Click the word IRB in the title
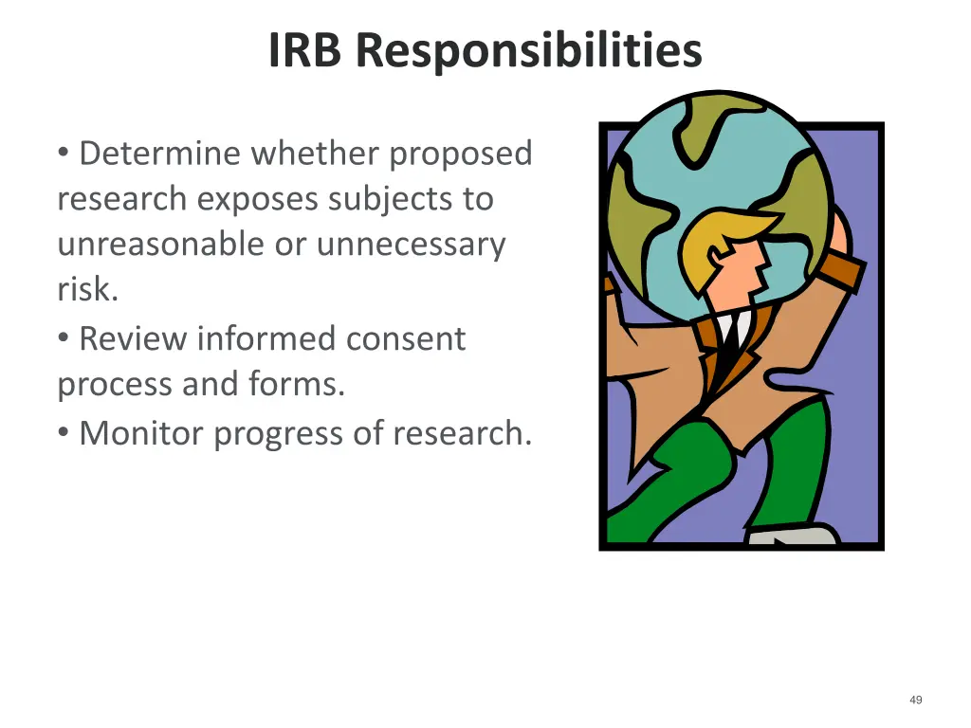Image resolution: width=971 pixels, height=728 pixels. coord(307,51)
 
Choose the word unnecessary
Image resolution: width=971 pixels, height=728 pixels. coord(411,245)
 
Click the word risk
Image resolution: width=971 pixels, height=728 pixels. coord(87,290)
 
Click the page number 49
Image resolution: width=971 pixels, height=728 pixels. coord(915,700)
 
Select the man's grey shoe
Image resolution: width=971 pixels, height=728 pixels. coord(791,537)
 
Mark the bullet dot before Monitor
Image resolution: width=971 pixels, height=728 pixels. coord(63,432)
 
